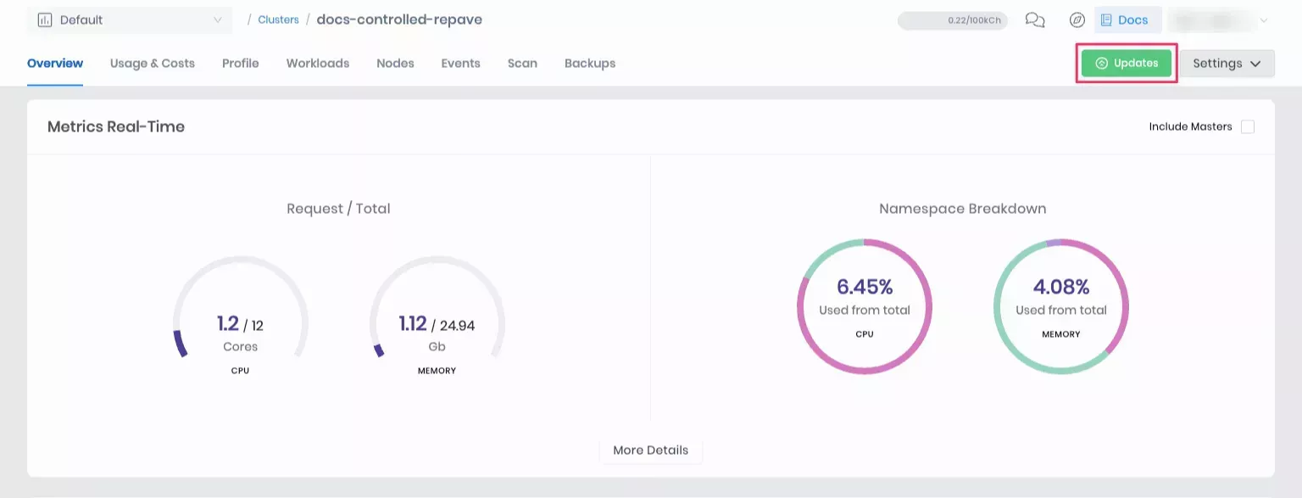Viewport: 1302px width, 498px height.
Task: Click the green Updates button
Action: pyautogui.click(x=1126, y=64)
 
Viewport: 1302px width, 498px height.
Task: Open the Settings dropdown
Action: pyautogui.click(x=1227, y=64)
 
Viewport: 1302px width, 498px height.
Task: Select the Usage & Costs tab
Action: pyautogui.click(x=153, y=64)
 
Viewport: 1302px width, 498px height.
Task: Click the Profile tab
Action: pyautogui.click(x=241, y=64)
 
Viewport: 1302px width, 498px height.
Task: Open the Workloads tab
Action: pyautogui.click(x=318, y=64)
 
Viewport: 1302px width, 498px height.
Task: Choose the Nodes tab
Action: pyautogui.click(x=395, y=64)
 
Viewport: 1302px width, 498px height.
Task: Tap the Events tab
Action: pyautogui.click(x=460, y=64)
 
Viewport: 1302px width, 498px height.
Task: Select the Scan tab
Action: pyautogui.click(x=522, y=64)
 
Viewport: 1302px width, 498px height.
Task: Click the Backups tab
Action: pyautogui.click(x=590, y=64)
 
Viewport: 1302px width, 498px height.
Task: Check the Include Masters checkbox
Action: pyautogui.click(x=1247, y=126)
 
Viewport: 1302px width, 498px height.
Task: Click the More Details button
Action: pyautogui.click(x=650, y=450)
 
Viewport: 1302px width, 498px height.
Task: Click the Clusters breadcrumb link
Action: pyautogui.click(x=279, y=20)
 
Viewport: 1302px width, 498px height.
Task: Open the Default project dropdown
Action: pyautogui.click(x=130, y=20)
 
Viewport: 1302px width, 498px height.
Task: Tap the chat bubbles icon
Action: pyautogui.click(x=1034, y=20)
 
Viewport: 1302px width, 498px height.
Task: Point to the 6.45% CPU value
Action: pyautogui.click(x=865, y=287)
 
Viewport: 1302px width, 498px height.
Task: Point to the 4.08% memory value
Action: pyautogui.click(x=1061, y=287)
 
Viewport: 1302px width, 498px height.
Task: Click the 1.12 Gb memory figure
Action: pyautogui.click(x=413, y=324)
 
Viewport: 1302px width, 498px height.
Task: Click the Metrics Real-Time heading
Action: pyautogui.click(x=116, y=126)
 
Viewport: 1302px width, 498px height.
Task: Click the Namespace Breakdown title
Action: pyautogui.click(x=962, y=209)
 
